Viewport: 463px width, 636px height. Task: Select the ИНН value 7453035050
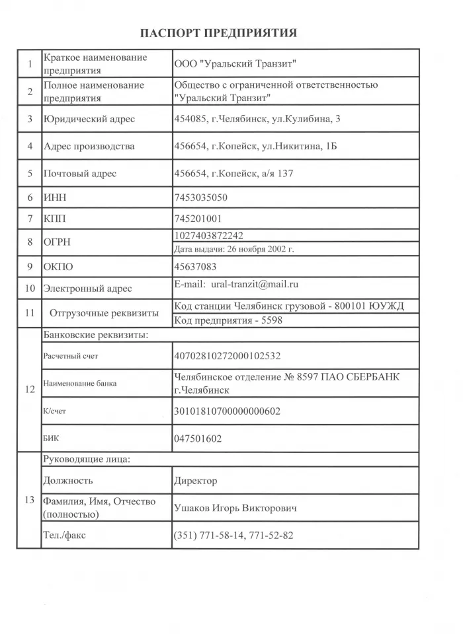[201, 197]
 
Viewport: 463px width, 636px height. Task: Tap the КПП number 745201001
[198, 218]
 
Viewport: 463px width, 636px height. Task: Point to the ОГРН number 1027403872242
[208, 236]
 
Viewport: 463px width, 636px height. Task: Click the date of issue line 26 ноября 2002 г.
[233, 249]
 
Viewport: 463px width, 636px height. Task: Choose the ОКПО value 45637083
[194, 267]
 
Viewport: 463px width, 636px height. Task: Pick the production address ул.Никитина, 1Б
[255, 146]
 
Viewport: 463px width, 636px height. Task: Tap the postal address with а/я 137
[233, 173]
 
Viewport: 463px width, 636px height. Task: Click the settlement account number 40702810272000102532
[227, 355]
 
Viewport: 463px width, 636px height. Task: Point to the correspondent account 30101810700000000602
[227, 411]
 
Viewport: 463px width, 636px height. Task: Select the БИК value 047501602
[198, 438]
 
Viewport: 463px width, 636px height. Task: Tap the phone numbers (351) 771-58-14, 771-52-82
[233, 536]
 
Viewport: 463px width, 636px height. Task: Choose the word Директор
[195, 481]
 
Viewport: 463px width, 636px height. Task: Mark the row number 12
[30, 389]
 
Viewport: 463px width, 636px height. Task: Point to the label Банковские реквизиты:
[95, 335]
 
